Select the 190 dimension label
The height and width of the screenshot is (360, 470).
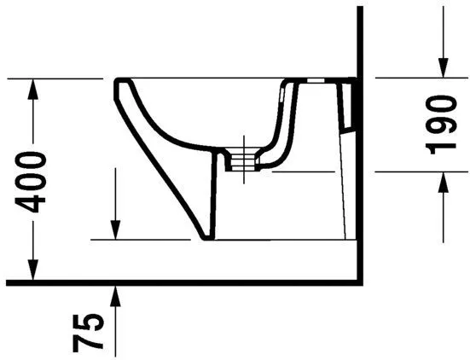(x=443, y=124)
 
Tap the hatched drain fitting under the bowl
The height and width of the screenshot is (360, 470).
(x=247, y=160)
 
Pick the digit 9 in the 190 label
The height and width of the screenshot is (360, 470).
(x=443, y=124)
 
